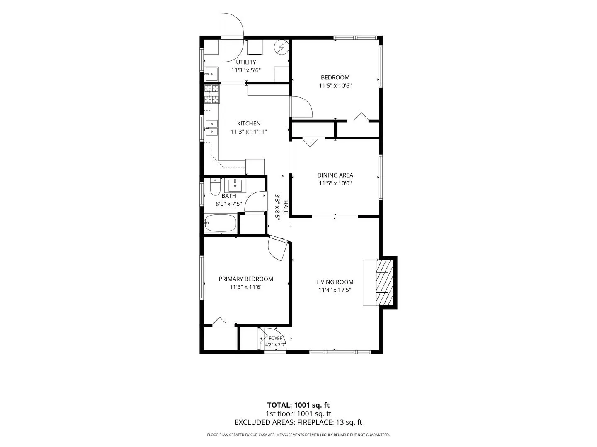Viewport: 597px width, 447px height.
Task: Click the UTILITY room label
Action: coord(246,62)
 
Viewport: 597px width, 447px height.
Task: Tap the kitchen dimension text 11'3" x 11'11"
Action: coord(249,132)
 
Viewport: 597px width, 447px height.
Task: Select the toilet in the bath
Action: coord(215,187)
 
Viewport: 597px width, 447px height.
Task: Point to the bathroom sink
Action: coord(235,185)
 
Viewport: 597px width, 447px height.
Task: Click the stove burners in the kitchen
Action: coord(211,94)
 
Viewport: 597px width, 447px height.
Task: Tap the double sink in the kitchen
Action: coord(211,128)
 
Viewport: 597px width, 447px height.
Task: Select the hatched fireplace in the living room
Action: coord(385,283)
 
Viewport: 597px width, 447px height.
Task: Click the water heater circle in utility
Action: coord(281,48)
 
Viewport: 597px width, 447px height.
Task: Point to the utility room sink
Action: coord(211,74)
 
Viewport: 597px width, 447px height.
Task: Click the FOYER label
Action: coord(276,339)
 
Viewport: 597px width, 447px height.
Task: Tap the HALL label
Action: coord(285,207)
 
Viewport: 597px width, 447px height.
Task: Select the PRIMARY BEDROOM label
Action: coord(246,279)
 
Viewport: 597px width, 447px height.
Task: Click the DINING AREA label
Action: coord(335,175)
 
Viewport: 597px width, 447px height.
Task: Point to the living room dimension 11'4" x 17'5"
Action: coord(335,290)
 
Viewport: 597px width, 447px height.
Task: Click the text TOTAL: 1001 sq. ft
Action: coord(298,405)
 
